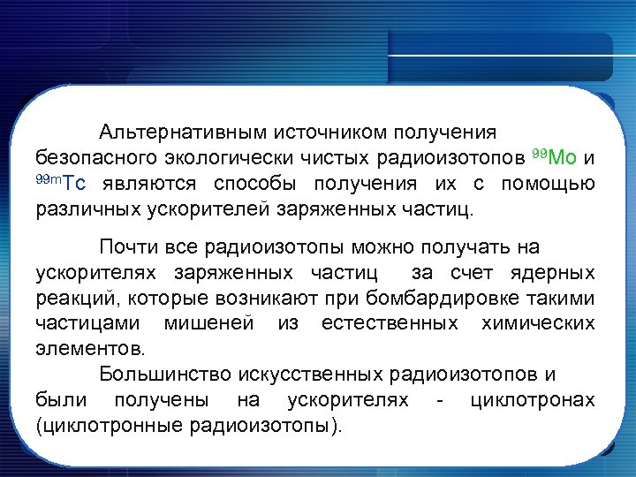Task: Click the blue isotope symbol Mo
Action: tap(563, 159)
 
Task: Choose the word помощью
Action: tap(548, 185)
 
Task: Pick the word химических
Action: tap(538, 323)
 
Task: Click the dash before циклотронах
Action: tap(440, 400)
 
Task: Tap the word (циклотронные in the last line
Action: tap(109, 426)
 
